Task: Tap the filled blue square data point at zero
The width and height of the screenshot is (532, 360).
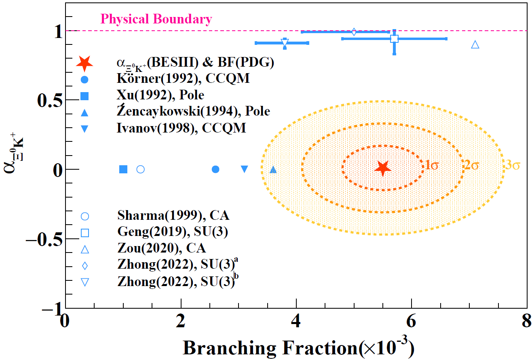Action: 123,169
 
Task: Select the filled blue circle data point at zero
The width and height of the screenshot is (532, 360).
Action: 215,169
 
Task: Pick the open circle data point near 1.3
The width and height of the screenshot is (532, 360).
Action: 140,169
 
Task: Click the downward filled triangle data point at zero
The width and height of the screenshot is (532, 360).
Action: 244,169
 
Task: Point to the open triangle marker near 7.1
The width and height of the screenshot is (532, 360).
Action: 475,44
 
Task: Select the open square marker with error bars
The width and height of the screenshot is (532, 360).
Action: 394,39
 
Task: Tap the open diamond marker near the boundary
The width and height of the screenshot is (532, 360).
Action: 354,32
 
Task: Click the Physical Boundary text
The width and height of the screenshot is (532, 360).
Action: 156,19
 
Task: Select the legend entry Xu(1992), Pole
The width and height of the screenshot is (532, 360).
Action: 161,95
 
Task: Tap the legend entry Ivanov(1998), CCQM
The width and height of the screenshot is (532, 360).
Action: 182,128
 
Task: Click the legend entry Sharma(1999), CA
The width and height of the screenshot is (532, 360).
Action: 173,216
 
